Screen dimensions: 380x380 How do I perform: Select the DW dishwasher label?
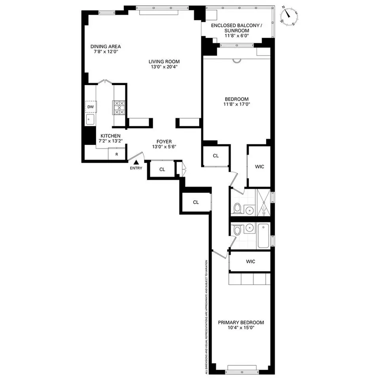91,107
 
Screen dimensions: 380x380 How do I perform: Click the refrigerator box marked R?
117,154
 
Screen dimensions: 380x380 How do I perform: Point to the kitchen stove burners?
119,108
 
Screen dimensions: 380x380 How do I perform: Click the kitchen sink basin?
90,119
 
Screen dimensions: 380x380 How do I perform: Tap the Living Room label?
164,61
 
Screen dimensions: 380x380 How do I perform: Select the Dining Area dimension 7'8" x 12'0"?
106,51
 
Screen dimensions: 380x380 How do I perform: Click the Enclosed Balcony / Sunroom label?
236,28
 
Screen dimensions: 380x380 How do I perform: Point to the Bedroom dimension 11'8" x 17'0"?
237,104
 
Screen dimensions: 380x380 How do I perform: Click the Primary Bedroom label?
241,323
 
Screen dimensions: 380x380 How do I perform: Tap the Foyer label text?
164,141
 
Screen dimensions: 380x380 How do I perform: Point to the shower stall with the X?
263,203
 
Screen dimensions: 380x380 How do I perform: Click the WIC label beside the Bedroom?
259,167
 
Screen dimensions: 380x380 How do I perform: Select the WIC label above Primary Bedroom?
250,262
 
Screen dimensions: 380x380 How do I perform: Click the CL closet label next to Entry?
162,169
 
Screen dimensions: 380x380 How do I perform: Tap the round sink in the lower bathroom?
249,228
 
